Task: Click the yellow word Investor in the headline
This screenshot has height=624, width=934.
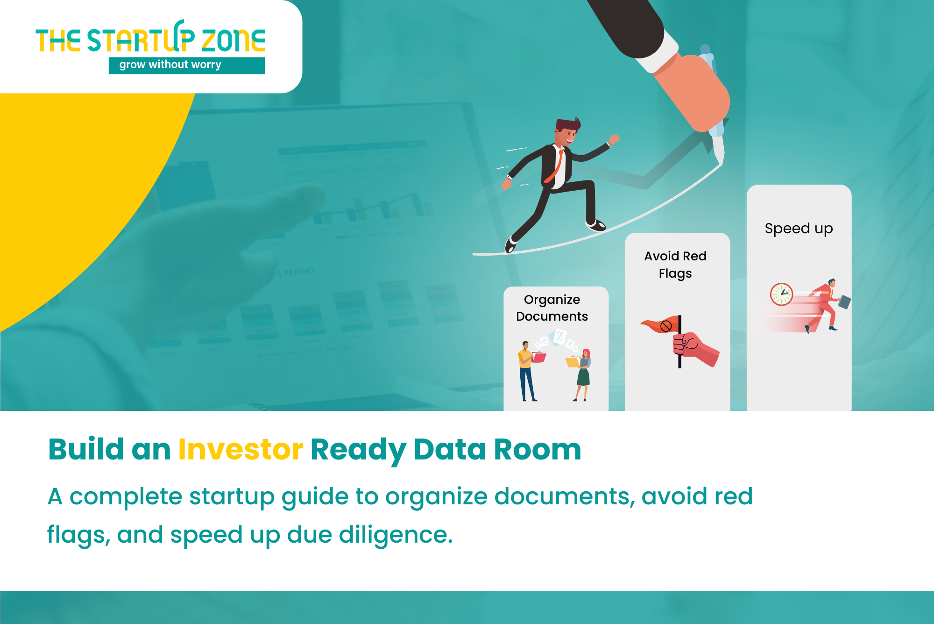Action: [241, 450]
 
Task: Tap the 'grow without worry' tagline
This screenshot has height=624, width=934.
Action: [170, 65]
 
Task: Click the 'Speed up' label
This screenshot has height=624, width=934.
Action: [799, 229]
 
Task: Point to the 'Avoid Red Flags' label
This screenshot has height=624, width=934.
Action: [675, 265]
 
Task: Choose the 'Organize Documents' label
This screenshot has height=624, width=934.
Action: [552, 308]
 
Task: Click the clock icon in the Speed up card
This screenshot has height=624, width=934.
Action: [781, 294]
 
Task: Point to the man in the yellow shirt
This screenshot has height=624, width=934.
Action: [527, 371]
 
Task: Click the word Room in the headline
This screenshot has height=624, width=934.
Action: [538, 450]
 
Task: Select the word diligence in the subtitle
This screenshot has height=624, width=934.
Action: [396, 534]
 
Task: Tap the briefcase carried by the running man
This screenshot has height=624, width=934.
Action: [844, 302]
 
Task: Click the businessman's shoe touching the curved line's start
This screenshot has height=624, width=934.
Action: [510, 244]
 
